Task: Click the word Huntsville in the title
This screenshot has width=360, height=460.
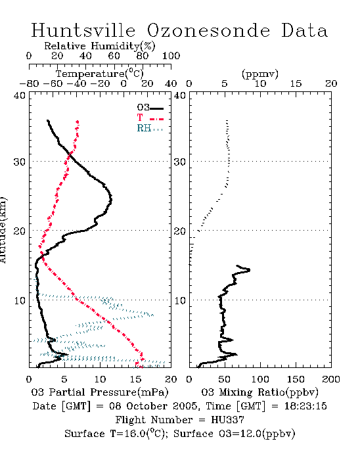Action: (83, 30)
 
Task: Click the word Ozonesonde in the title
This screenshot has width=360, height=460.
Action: (208, 30)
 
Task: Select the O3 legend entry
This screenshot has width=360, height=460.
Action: (150, 108)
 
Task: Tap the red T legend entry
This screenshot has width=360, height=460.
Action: (150, 118)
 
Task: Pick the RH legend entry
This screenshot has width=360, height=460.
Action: (150, 128)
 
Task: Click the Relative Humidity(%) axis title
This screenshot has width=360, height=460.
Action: (100, 46)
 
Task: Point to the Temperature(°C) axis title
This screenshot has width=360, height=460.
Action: (100, 74)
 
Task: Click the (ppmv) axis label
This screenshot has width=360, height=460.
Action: (260, 74)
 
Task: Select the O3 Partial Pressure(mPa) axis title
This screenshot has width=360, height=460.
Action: (100, 392)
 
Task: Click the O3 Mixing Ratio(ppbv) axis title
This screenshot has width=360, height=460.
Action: (259, 392)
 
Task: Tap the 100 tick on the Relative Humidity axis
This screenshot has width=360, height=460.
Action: (171, 56)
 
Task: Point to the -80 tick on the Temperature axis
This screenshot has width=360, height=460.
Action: (29, 83)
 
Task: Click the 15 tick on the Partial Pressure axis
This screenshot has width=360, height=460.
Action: (135, 379)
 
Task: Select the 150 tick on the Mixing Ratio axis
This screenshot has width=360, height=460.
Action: (296, 379)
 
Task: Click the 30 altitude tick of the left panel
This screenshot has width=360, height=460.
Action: (20, 162)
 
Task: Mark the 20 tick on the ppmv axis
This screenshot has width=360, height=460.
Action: (331, 83)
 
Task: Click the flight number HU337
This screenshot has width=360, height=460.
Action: (227, 420)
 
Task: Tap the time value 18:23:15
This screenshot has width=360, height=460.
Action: (305, 406)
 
